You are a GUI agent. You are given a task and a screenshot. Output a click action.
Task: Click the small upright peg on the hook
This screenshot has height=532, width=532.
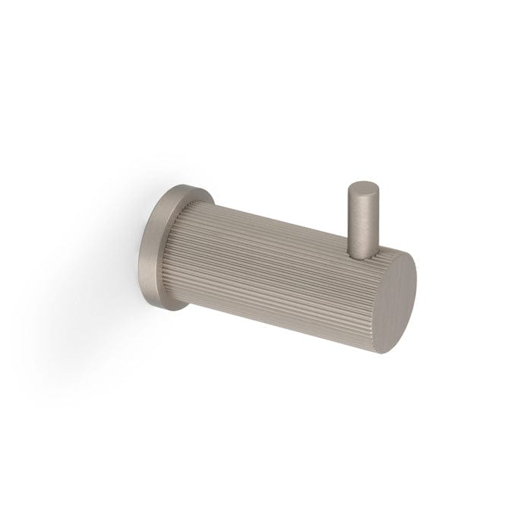click(x=361, y=213)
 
